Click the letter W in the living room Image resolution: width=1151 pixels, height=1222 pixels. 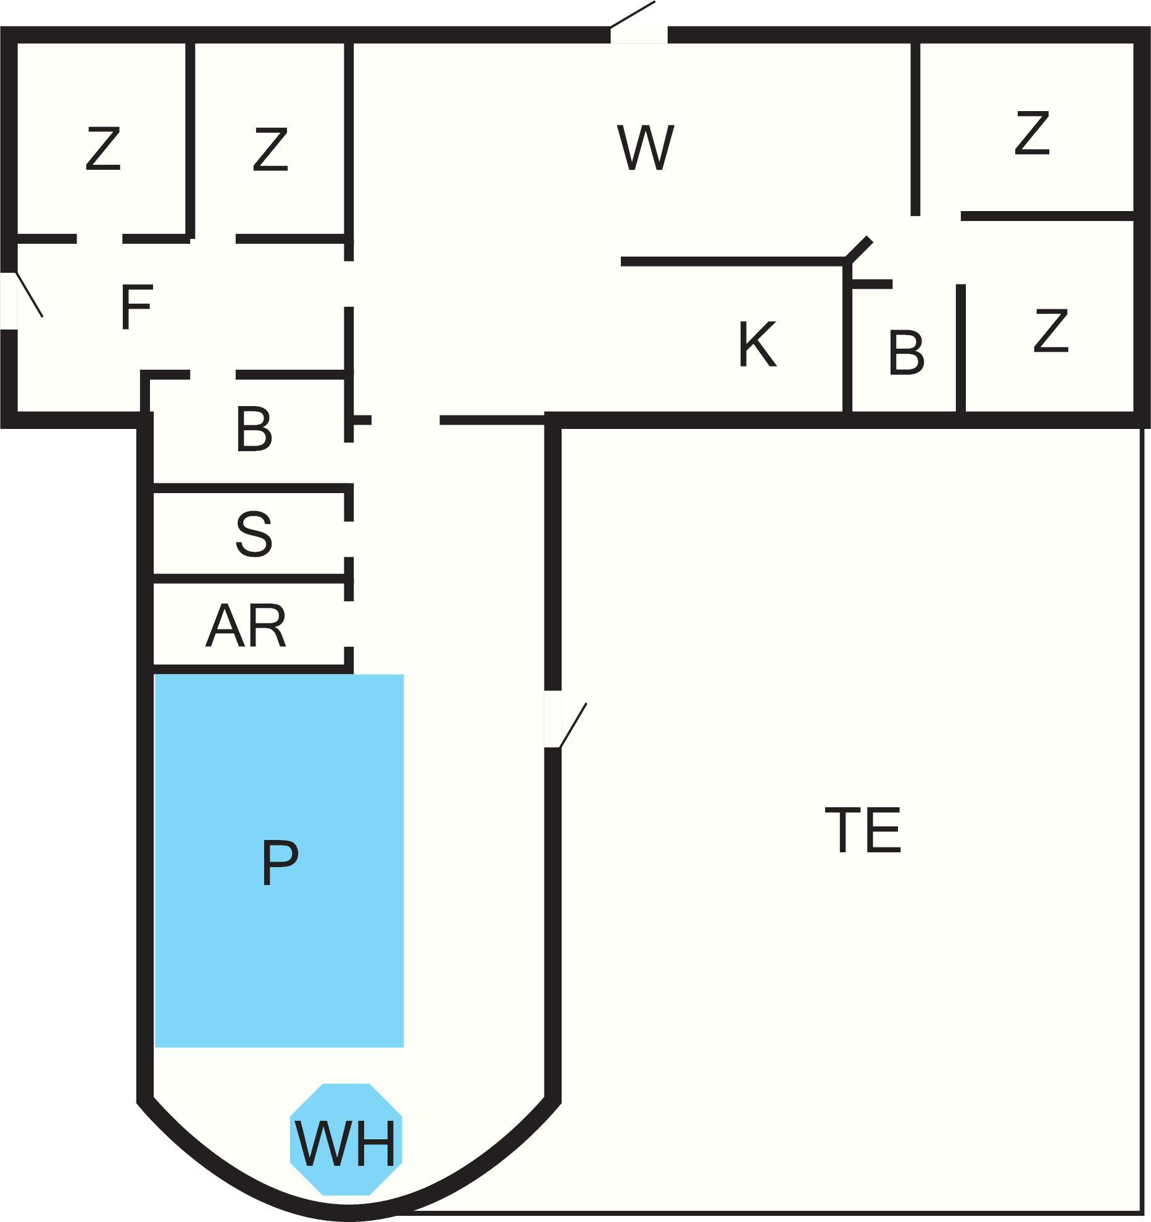tap(645, 148)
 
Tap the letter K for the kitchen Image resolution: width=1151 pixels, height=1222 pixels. tap(757, 344)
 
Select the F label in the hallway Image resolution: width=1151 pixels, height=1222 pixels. tap(136, 307)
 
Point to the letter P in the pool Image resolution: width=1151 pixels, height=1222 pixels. tap(279, 863)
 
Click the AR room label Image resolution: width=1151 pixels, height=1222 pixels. tap(246, 626)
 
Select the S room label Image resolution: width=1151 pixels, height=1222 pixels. tap(254, 534)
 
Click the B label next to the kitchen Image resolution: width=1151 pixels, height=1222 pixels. tap(906, 353)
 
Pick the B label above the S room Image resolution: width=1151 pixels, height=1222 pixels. tap(254, 429)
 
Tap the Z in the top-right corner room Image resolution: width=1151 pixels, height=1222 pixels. tap(1032, 133)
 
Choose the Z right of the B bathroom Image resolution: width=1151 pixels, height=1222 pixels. tap(1050, 331)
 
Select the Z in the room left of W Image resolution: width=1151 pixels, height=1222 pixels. tap(270, 149)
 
